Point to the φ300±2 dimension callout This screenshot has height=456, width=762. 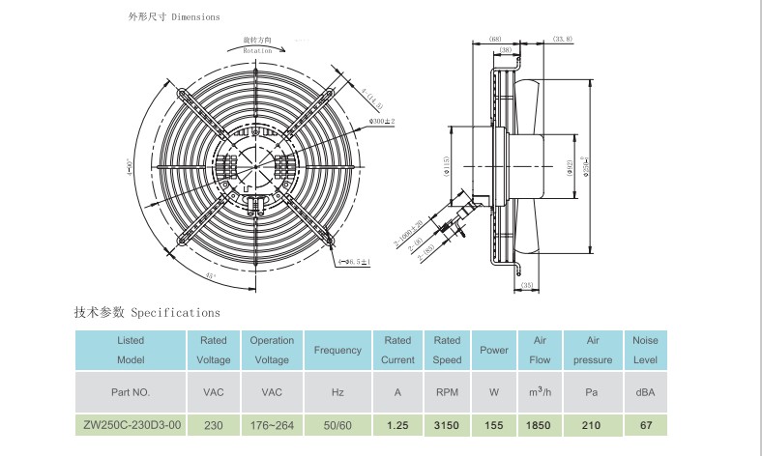pyautogui.click(x=382, y=120)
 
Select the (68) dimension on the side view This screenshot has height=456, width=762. pyautogui.click(x=493, y=38)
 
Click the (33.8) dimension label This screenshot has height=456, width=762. pyautogui.click(x=563, y=38)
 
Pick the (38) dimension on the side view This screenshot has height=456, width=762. pyautogui.click(x=504, y=48)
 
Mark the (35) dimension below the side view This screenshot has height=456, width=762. pyautogui.click(x=527, y=287)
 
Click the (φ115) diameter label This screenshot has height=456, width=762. pyautogui.click(x=447, y=165)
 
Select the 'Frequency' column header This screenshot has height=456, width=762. pyautogui.click(x=338, y=350)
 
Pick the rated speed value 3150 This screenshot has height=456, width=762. pyautogui.click(x=447, y=424)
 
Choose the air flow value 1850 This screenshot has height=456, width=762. pyautogui.click(x=540, y=424)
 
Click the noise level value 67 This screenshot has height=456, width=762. pyautogui.click(x=644, y=424)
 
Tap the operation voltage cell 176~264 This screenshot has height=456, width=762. pyautogui.click(x=272, y=424)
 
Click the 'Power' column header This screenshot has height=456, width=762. pyautogui.click(x=494, y=350)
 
